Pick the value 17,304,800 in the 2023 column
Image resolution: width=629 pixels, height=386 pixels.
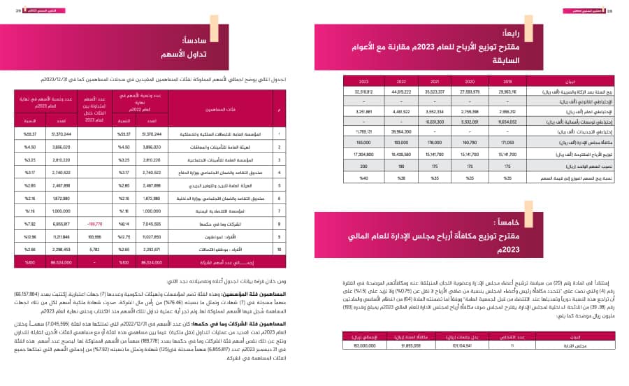click(363, 151)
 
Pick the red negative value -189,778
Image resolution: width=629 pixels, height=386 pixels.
click(95, 224)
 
